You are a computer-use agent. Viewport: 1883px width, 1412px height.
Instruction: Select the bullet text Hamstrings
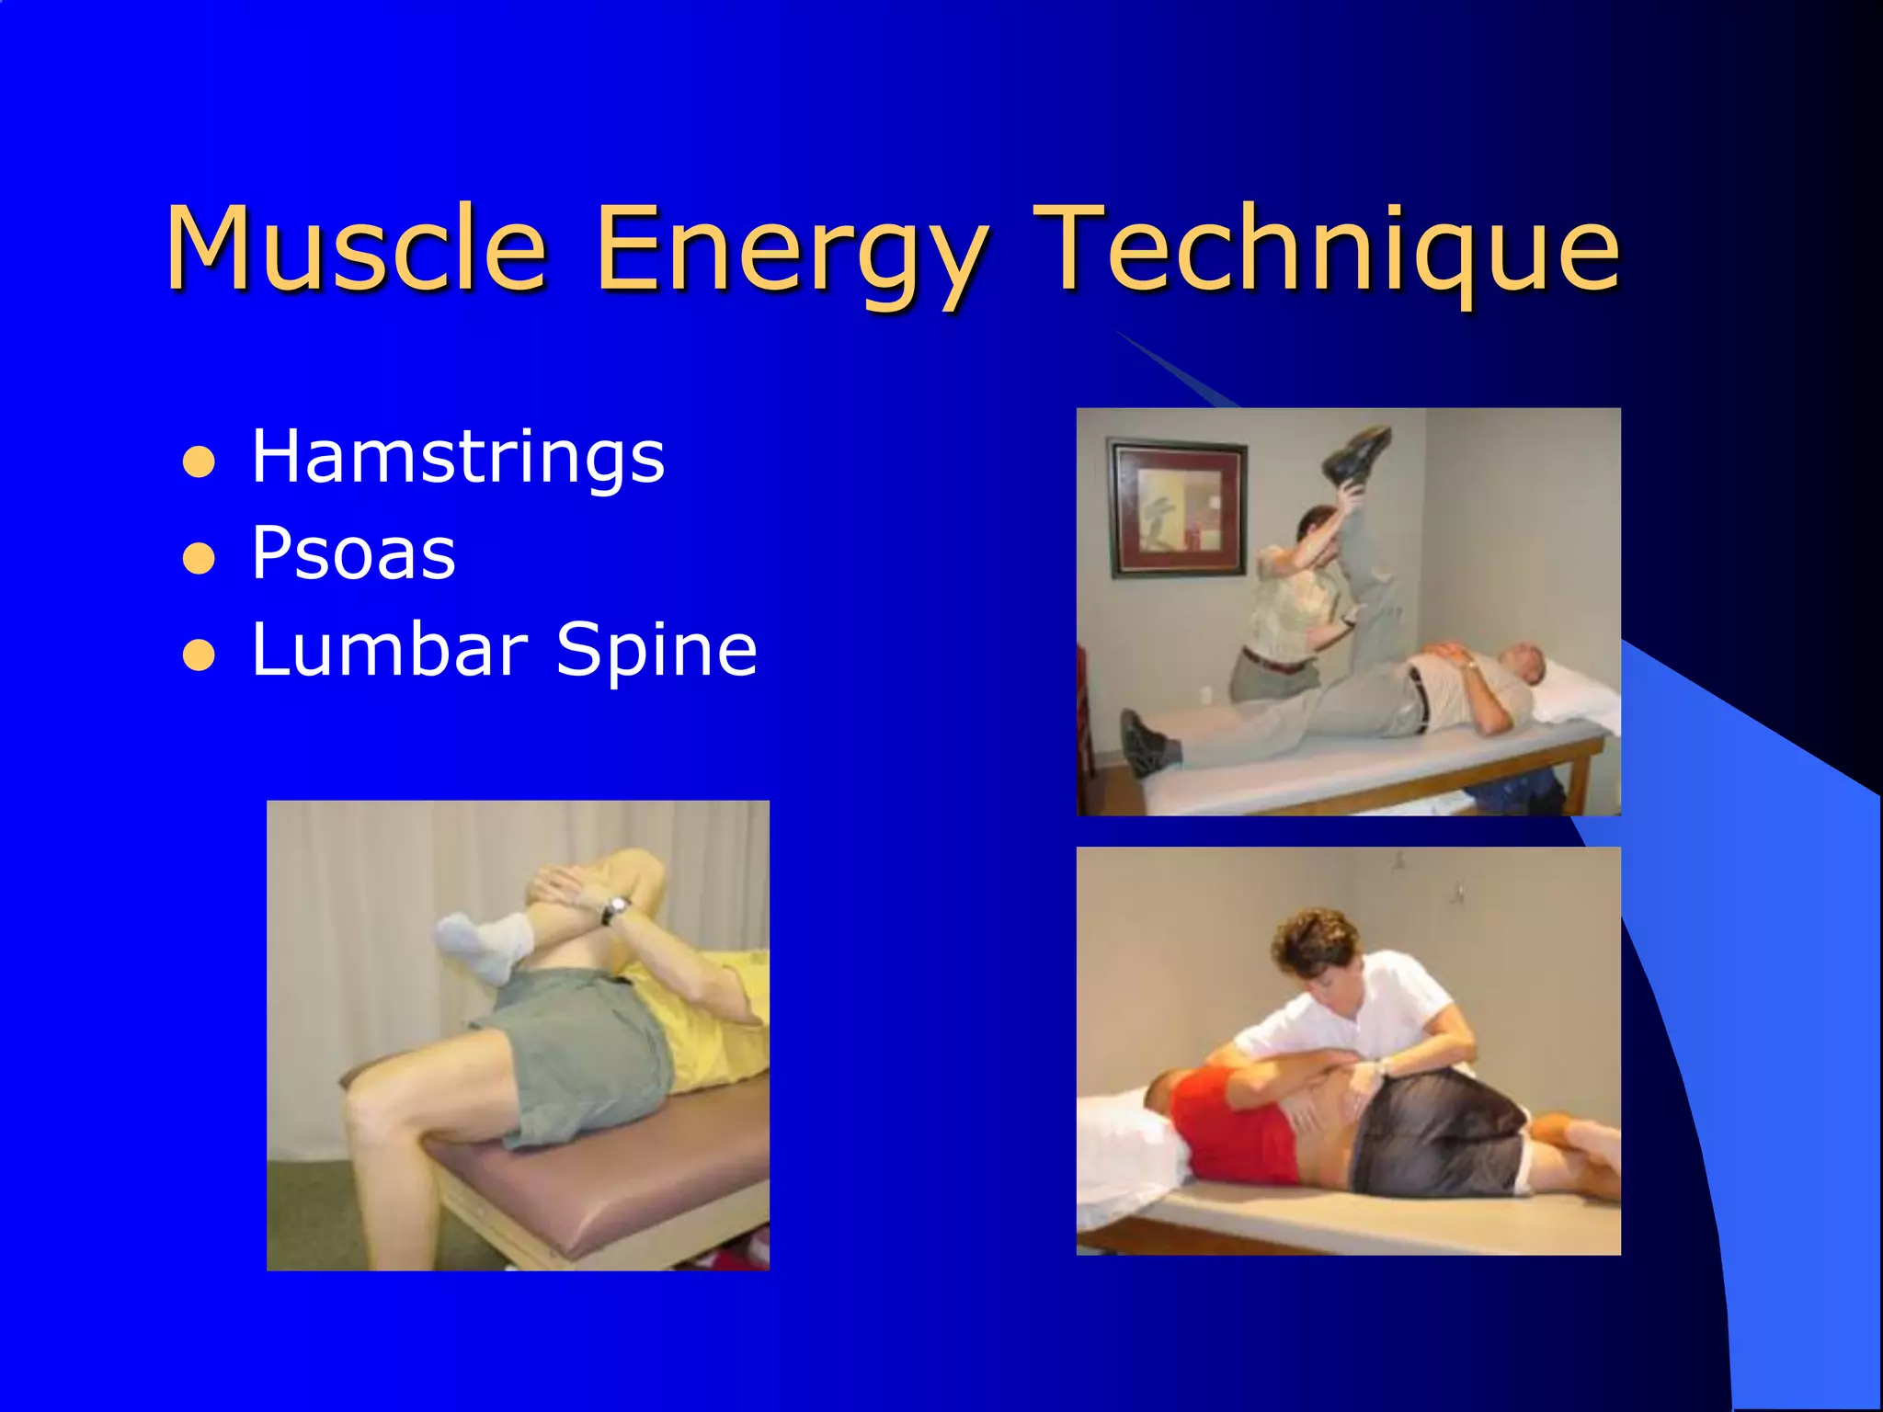click(x=457, y=456)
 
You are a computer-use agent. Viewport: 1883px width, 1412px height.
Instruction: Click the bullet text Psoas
click(x=353, y=553)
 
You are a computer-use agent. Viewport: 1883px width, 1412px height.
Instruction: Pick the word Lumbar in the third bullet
click(x=389, y=649)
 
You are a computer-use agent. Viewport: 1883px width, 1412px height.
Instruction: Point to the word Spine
click(x=656, y=651)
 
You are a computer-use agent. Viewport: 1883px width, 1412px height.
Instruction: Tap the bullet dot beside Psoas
click(x=199, y=558)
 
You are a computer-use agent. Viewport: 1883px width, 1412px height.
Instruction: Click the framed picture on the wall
click(x=1178, y=508)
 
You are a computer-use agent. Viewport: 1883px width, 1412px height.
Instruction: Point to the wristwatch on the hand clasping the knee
click(x=614, y=909)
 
